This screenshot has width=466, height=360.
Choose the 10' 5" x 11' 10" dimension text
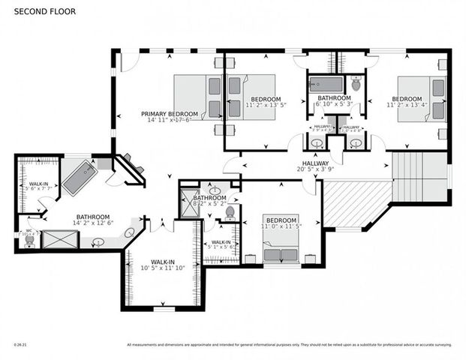[x=163, y=268]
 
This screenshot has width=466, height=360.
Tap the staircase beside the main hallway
[x=419, y=177]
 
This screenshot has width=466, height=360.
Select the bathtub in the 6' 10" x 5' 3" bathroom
[x=326, y=84]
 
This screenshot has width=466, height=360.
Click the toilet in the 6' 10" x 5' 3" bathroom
[x=356, y=83]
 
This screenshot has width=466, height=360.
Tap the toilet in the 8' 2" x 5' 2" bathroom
[x=230, y=214]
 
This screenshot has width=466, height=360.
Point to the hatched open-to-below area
[x=352, y=203]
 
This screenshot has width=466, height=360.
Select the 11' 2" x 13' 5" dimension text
[x=266, y=106]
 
